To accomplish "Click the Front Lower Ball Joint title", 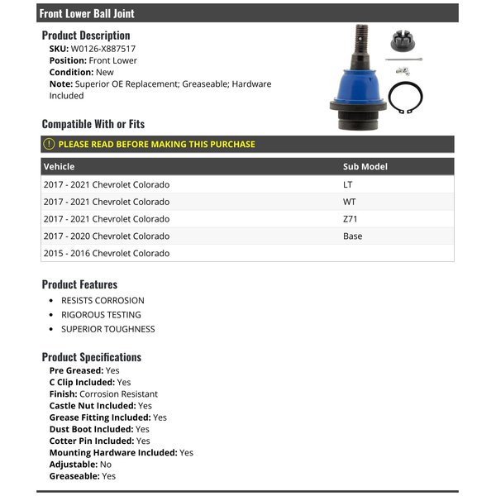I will pos(87,13).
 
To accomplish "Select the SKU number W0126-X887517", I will pos(103,49).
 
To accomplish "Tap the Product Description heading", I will pos(86,36).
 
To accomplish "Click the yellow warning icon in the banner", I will pos(49,144).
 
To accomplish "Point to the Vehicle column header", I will pos(59,166).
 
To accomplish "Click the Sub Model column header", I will pos(365,166).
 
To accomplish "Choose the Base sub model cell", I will pos(352,236).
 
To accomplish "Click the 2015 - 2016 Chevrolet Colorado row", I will pos(107,254).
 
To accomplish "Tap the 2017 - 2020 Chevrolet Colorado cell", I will pos(107,236).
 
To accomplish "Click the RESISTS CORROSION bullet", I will pos(103,301).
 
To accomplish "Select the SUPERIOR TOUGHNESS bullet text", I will pos(107,329).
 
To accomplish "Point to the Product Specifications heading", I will pos(92,357).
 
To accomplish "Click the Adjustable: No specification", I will pos(81,465).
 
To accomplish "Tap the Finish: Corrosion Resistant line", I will pos(103,394).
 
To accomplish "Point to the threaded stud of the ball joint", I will pos(361,38).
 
